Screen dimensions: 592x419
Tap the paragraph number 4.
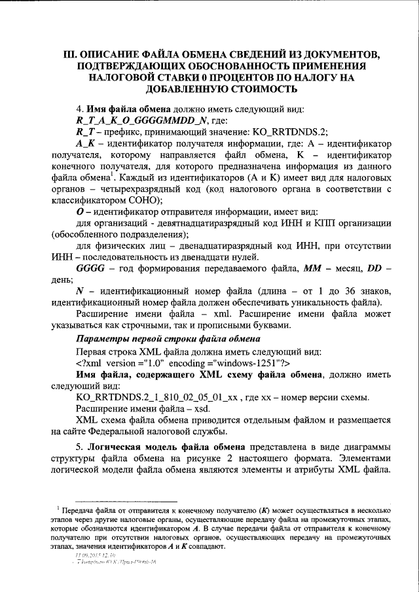click(79, 109)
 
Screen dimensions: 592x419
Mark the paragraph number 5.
click(79, 447)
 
